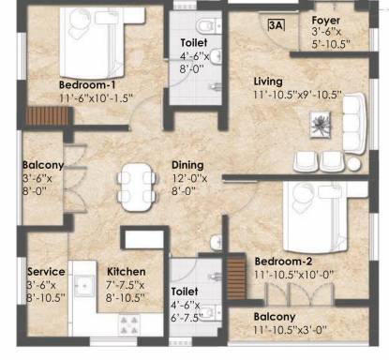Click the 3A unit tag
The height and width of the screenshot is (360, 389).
point(277,25)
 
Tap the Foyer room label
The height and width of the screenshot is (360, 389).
point(326,21)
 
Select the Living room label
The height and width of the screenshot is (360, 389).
point(268,82)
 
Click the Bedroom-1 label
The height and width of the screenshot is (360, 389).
point(87,84)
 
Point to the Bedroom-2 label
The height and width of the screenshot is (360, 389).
point(283,262)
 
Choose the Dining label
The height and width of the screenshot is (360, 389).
point(187,165)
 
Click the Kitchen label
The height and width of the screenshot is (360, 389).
point(127,272)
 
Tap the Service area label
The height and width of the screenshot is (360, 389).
point(46,272)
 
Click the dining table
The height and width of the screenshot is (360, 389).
point(137,187)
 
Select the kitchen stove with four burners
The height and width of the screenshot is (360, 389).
point(129,325)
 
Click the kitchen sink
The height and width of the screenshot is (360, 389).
point(84,286)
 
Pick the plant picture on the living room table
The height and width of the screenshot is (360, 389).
point(320,125)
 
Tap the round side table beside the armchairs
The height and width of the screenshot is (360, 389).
point(353,164)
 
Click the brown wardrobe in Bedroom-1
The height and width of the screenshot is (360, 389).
point(47,116)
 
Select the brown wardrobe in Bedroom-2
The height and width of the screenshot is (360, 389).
point(236,277)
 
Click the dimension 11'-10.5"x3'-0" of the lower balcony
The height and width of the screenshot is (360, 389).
point(291,330)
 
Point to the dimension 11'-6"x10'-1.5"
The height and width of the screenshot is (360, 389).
point(97,98)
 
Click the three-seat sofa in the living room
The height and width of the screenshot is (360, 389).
point(354,124)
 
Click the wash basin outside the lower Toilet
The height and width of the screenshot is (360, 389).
point(217,242)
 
